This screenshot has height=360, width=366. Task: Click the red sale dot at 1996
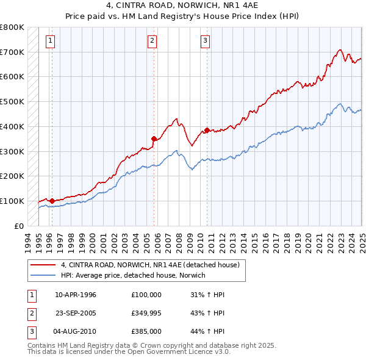[x=52, y=201]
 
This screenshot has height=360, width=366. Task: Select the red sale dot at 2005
[x=154, y=139]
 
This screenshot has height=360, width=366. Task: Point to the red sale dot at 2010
[x=207, y=130]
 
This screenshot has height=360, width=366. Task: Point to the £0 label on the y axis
[x=20, y=226]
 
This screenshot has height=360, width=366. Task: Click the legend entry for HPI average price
[x=133, y=275]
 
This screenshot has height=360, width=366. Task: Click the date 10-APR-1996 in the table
[x=76, y=295]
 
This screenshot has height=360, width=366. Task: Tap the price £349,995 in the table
[x=146, y=314]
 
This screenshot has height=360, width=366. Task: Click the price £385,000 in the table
[x=146, y=333]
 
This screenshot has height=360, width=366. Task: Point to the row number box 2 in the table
[x=31, y=314]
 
